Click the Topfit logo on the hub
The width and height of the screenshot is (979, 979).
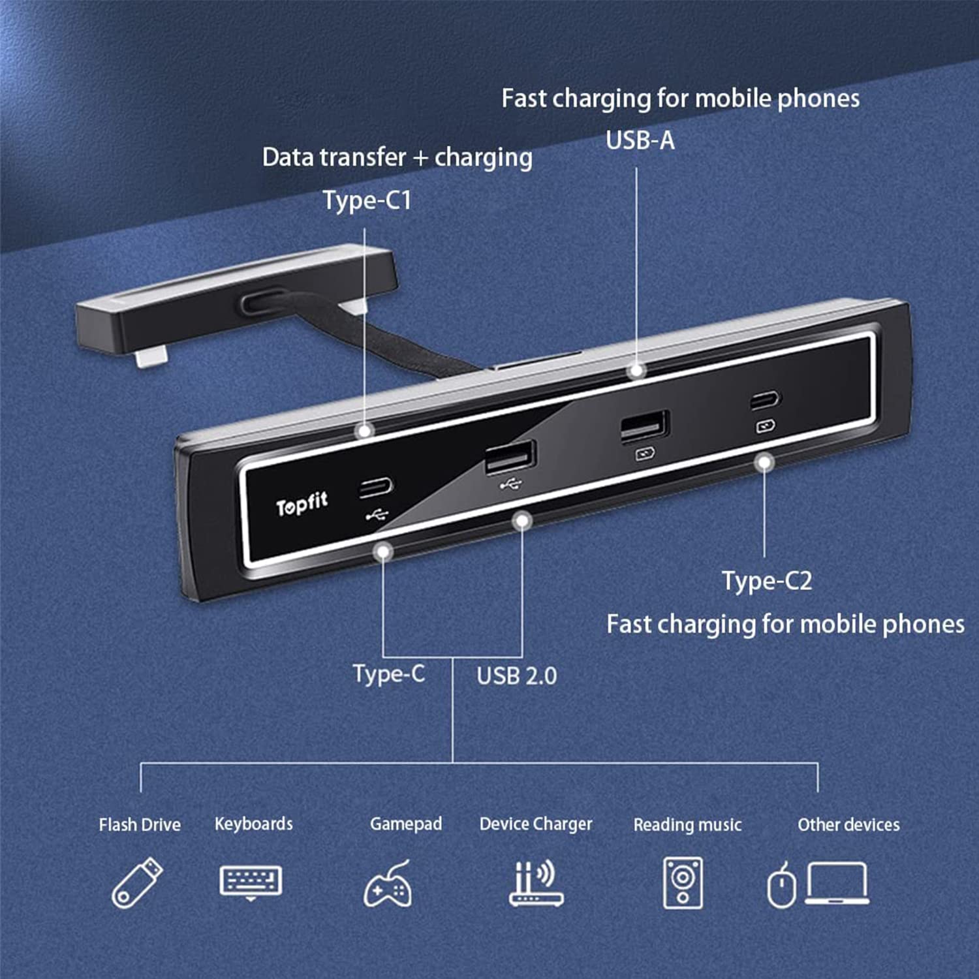tap(302, 503)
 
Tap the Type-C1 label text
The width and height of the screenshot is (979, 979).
tap(367, 200)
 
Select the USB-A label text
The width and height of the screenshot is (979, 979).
tap(640, 140)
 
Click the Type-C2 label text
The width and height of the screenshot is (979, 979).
tap(766, 580)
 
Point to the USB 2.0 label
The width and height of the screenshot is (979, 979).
tap(516, 676)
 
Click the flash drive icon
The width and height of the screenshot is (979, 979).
tap(137, 882)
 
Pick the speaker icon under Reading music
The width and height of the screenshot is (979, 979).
tap(683, 883)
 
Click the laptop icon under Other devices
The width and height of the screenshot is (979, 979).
tap(837, 882)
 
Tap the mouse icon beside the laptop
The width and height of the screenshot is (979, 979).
tap(781, 886)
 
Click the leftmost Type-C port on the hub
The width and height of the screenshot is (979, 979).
tap(376, 487)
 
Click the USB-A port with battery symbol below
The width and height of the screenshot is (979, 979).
tap(644, 427)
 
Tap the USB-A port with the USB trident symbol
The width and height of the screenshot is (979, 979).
tap(510, 456)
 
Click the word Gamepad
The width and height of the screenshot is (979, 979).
tap(405, 824)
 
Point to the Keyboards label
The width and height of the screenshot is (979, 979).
tap(253, 824)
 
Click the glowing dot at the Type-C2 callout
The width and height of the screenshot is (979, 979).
tap(764, 463)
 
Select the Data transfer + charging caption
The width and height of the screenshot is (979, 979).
tap(397, 157)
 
